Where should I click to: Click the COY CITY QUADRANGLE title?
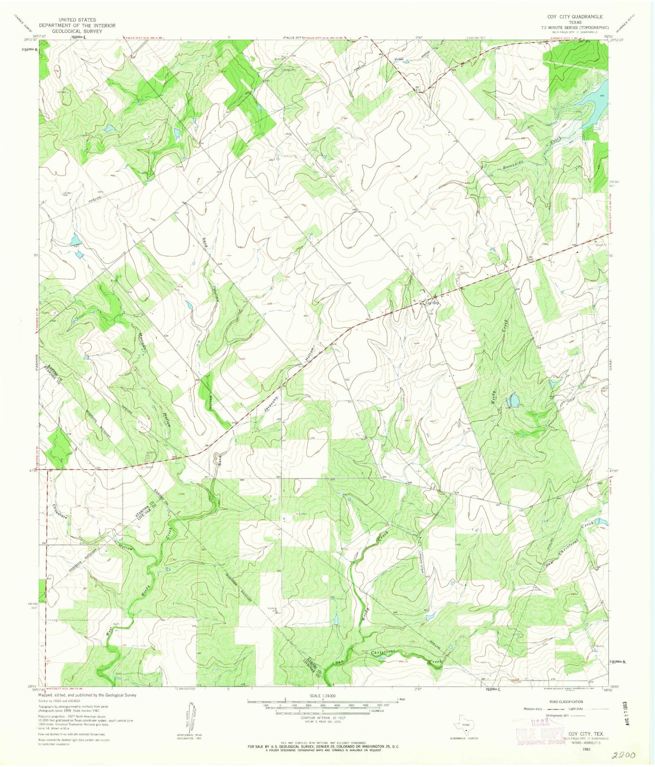point(575,16)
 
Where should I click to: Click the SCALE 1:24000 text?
point(322,695)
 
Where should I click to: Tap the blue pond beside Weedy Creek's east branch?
point(514,400)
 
